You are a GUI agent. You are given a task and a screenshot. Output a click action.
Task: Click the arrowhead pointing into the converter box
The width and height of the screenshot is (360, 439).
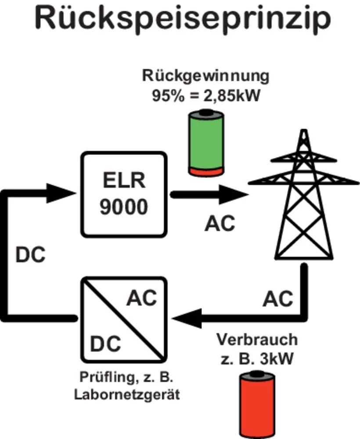click(x=185, y=317)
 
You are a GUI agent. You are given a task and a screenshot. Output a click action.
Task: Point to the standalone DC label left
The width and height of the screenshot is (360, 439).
click(x=30, y=255)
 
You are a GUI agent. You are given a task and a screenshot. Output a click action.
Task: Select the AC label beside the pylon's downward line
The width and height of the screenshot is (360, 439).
click(x=278, y=299)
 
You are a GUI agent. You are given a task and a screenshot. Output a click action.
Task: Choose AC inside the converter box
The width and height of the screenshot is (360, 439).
click(x=141, y=299)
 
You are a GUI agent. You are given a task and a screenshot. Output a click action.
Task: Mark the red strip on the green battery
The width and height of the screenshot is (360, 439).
click(x=206, y=170)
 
